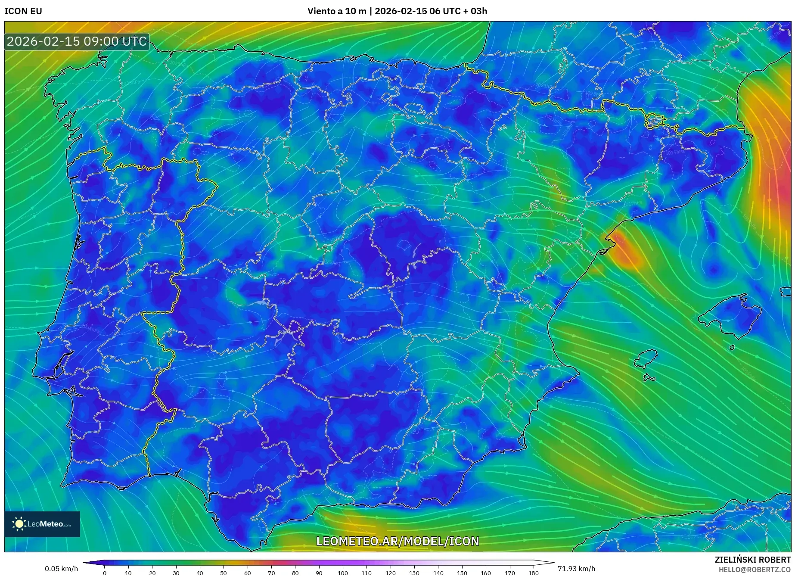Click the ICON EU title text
23,11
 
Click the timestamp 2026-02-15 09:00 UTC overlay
77,41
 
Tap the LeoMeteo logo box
42,524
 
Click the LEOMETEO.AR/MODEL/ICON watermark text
397,541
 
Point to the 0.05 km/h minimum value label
61,569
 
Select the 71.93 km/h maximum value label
576,569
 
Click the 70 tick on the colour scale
271,573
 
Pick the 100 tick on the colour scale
343,573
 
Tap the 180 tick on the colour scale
533,573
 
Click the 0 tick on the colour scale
105,573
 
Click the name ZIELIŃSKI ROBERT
753,560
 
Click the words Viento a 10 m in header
337,11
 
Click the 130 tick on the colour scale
414,573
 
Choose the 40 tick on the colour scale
200,573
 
